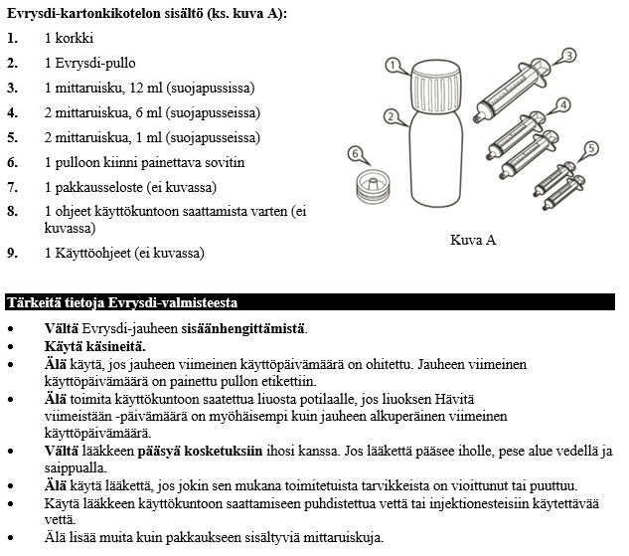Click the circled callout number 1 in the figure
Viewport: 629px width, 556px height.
pos(393,66)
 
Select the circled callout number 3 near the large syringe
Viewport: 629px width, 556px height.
pos(569,55)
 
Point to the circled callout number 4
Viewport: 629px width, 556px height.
pos(562,104)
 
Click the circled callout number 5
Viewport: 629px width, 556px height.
pos(591,149)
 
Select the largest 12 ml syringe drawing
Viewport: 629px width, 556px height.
pos(516,90)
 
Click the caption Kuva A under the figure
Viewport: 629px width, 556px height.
pos(473,240)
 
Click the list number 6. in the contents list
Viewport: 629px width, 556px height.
pos(13,162)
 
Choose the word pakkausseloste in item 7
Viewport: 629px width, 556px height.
pos(103,187)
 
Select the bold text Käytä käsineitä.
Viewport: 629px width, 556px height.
pos(94,345)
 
